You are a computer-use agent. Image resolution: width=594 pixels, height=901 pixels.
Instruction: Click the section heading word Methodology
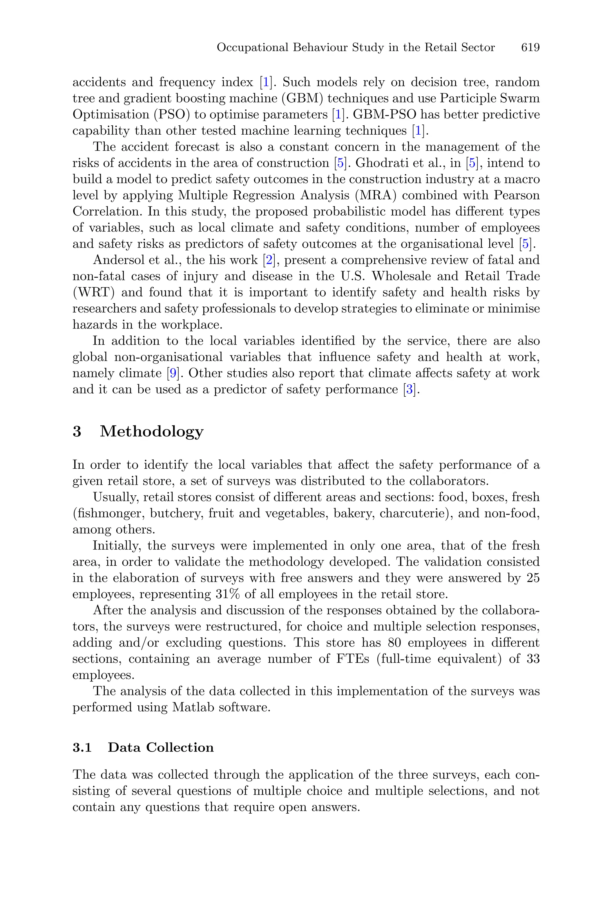pyautogui.click(x=151, y=431)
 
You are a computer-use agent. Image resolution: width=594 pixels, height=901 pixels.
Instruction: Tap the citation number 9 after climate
pyautogui.click(x=173, y=373)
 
